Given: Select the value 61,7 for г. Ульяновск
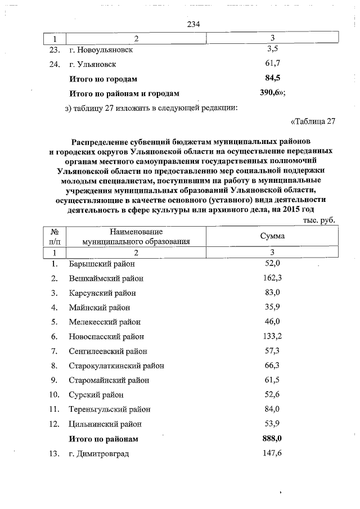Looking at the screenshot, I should [272, 64].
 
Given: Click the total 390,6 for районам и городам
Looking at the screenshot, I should [272, 93].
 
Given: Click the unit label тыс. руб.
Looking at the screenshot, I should [318, 220].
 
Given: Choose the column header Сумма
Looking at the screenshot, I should [272, 237].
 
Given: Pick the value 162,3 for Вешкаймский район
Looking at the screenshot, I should [272, 278].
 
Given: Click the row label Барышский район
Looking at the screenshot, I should [102, 263].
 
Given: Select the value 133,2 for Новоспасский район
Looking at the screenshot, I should [272, 336].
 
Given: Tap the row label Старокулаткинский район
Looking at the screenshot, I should [116, 366].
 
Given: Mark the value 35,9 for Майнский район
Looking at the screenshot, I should [272, 307].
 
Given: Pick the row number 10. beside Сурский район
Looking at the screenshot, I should [55, 395].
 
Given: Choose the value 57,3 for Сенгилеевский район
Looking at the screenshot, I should [272, 351].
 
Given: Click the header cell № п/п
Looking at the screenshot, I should [55, 237].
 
